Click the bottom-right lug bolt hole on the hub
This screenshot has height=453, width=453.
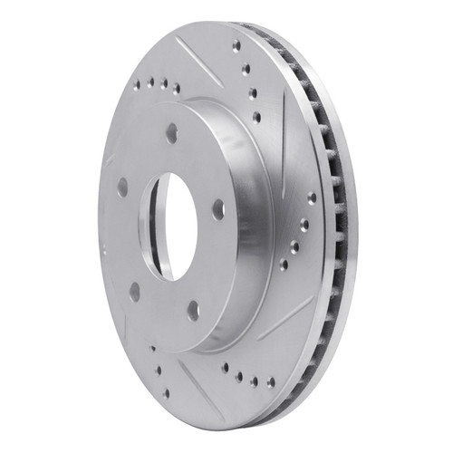(x=193, y=310)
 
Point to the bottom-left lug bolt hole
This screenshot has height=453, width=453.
(x=134, y=291)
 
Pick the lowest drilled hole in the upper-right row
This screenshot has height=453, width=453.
(x=258, y=116)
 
